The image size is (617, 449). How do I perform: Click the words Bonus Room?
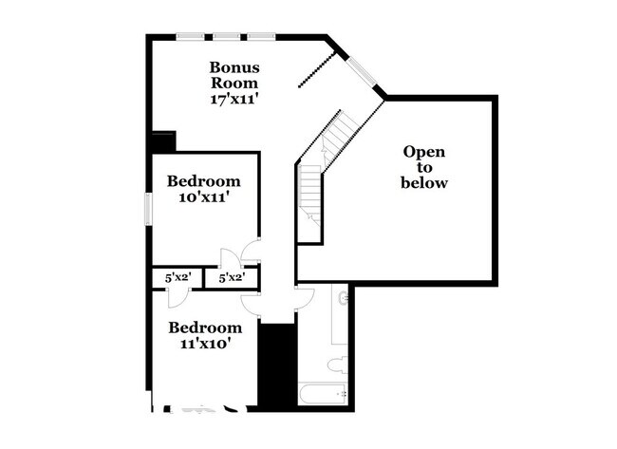pos(234,75)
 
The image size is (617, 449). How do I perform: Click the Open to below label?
pos(423,167)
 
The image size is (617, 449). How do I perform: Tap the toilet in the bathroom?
pos(336,365)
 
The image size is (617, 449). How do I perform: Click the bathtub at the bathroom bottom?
pos(323,394)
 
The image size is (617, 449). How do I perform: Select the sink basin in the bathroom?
pos(343,298)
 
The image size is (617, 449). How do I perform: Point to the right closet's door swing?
pos(230,259)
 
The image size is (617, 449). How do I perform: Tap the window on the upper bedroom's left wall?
pos(148,210)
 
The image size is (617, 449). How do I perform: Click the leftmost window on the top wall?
pos(191,37)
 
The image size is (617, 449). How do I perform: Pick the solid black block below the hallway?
pos(277,365)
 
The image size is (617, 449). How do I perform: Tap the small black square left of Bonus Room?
pos(162,140)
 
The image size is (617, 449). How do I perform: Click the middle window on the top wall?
pos(226,37)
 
